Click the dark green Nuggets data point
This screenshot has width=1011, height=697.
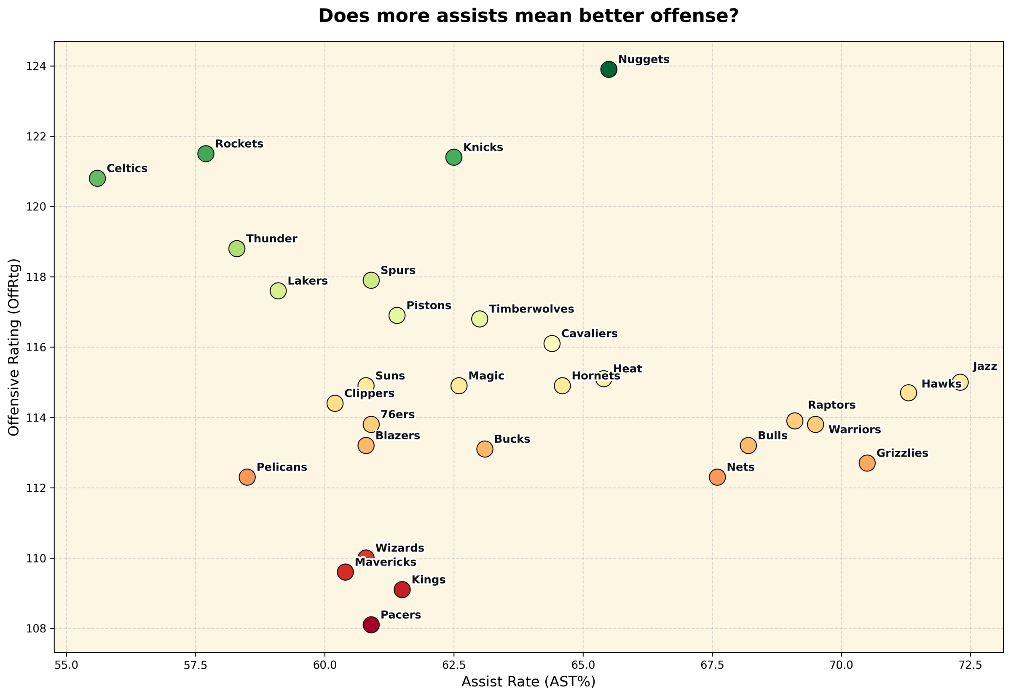tap(608, 69)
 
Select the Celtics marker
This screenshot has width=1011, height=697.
tap(97, 178)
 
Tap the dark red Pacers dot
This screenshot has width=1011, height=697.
tap(371, 625)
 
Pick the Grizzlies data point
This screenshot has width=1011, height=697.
tap(867, 463)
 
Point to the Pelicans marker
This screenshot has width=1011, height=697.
tap(247, 477)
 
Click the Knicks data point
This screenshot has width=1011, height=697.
tap(454, 157)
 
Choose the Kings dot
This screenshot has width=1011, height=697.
tap(402, 589)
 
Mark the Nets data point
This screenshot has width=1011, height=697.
tap(717, 477)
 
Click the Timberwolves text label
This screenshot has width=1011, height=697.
tap(531, 309)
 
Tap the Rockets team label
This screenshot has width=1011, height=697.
tap(239, 144)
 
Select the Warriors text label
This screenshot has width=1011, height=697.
tap(854, 430)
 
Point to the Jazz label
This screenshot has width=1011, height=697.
tap(985, 367)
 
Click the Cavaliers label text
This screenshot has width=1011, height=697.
tap(589, 334)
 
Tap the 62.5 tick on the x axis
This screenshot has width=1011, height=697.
tap(454, 665)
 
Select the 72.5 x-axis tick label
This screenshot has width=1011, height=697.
tap(971, 665)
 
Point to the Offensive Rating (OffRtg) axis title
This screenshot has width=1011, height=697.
tap(14, 347)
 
